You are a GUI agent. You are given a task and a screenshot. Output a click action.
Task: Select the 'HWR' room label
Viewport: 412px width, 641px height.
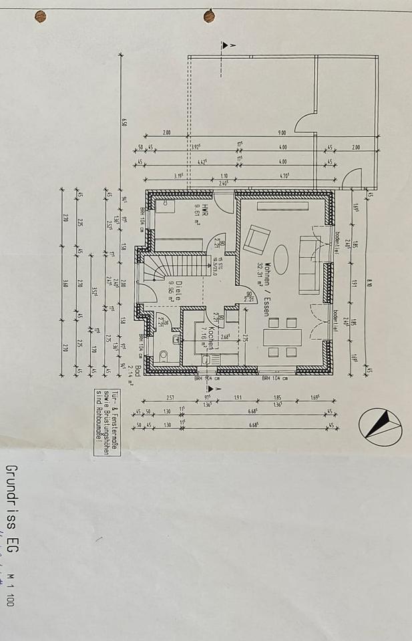pos(206,211)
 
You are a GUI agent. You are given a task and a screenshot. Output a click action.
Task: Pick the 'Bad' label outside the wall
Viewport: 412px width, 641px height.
pos(138,371)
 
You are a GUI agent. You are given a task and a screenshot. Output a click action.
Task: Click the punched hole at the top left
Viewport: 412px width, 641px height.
pos(41,15)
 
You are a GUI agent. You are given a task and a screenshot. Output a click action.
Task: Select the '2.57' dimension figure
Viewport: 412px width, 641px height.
pos(171,397)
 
